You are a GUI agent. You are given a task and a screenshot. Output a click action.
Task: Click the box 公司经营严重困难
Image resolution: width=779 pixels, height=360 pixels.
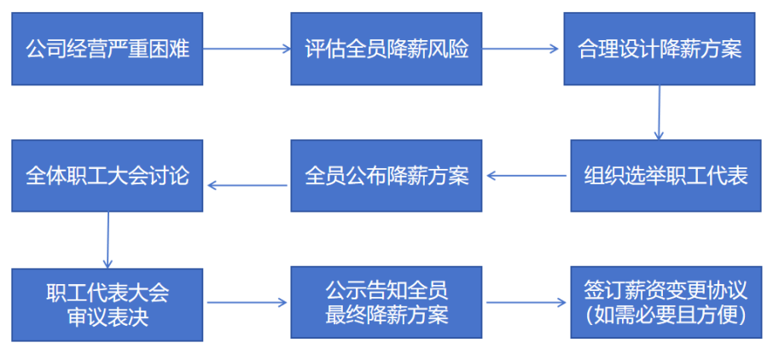[107, 49]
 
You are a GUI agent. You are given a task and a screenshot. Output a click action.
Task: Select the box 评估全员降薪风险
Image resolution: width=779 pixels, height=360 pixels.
[387, 49]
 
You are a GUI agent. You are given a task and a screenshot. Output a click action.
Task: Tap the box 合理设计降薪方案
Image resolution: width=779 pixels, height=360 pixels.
[660, 49]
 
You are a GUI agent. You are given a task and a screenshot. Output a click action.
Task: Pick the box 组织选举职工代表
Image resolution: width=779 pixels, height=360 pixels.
[666, 177]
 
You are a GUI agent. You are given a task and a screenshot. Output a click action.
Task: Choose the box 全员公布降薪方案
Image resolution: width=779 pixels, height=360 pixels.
[387, 177]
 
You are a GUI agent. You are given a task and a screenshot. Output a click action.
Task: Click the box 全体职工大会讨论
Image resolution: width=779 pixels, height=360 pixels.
[107, 177]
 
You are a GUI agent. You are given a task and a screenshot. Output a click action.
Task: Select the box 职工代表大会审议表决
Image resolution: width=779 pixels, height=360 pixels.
[107, 304]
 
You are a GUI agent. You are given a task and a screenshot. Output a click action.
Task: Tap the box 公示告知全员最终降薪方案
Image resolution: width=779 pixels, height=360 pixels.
[387, 303]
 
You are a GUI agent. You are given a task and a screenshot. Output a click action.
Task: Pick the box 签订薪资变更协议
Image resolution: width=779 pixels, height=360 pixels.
[666, 303]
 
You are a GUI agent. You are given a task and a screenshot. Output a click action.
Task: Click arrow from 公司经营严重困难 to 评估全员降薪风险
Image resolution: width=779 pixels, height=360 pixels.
[247, 49]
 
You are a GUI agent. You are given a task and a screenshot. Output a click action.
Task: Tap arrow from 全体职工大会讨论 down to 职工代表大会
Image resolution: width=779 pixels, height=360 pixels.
[108, 240]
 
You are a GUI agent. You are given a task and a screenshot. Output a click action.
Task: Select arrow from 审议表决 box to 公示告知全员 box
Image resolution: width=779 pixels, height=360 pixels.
[247, 303]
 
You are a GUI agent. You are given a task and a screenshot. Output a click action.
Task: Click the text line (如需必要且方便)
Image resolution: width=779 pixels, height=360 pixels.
[666, 315]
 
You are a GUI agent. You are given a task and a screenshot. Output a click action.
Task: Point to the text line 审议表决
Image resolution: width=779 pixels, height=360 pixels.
[107, 316]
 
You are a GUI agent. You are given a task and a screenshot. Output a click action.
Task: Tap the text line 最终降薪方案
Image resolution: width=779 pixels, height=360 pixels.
[387, 315]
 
